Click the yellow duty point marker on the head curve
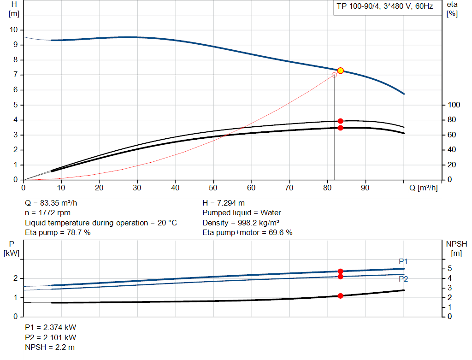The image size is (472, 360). [x=341, y=71]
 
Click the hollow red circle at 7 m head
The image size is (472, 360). [x=335, y=75]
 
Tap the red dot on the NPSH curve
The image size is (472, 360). [x=341, y=296]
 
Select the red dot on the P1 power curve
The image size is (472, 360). [x=341, y=271]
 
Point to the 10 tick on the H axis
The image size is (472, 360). [x=13, y=30]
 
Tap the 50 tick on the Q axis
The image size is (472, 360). [x=213, y=188]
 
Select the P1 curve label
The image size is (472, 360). [x=403, y=262]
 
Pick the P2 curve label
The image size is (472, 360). [x=403, y=279]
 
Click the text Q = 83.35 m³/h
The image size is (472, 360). [x=54, y=203]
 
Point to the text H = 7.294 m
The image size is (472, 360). [x=224, y=203]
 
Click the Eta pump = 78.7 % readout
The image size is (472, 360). [x=58, y=233]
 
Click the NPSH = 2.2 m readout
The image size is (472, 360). [x=49, y=347]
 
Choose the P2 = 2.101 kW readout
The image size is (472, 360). [x=50, y=337]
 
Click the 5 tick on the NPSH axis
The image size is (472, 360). [x=449, y=269]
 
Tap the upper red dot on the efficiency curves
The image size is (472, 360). [x=341, y=121]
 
